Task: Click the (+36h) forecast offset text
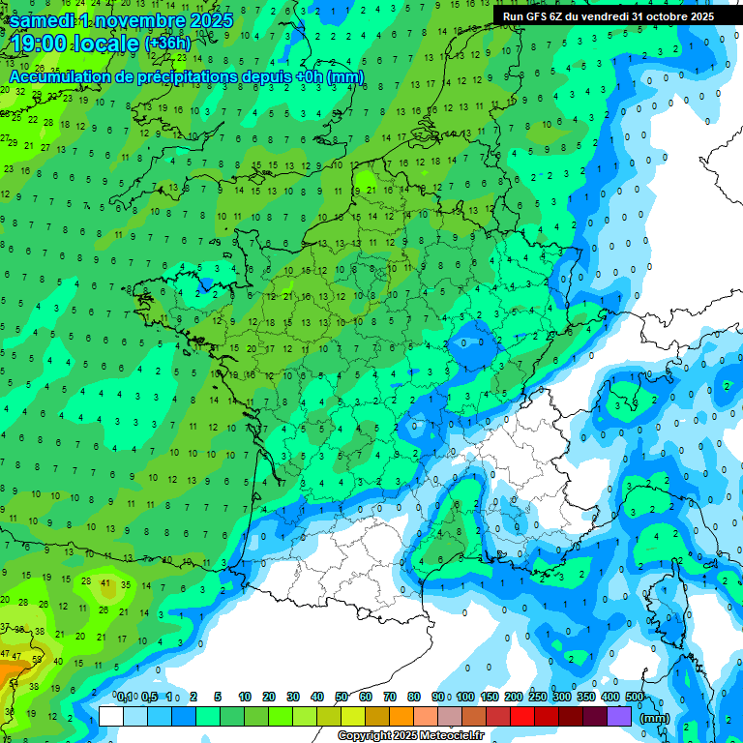(x=168, y=44)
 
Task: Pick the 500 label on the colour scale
(x=634, y=697)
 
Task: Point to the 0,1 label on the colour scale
(x=125, y=697)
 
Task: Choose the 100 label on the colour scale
(x=464, y=697)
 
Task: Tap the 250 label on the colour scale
(x=537, y=697)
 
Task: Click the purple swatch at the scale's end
(x=619, y=716)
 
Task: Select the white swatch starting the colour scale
(x=111, y=716)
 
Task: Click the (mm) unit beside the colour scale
(x=655, y=718)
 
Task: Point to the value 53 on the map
(x=38, y=658)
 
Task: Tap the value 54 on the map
(x=13, y=683)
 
